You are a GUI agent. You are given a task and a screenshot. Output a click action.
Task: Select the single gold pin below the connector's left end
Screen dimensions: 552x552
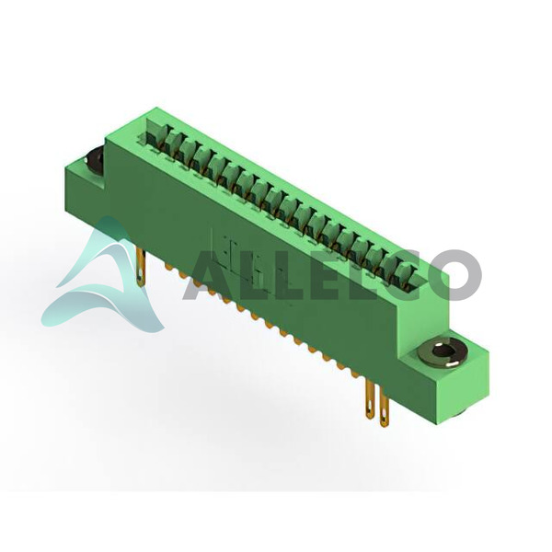[141, 267]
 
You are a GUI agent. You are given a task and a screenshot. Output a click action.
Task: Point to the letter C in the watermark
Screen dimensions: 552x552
[395, 275]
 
